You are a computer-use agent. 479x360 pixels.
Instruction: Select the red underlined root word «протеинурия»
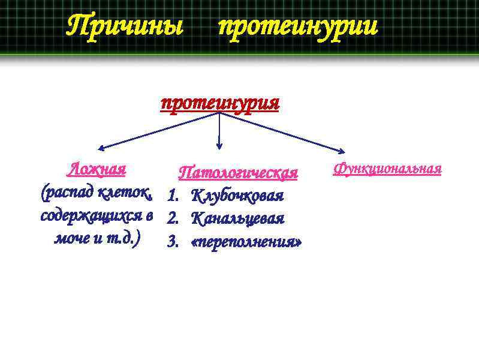point(220,103)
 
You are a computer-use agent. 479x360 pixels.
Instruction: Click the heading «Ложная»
point(97,169)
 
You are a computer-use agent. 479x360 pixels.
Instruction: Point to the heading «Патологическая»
point(239,173)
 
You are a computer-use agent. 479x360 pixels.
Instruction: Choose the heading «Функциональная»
point(387,169)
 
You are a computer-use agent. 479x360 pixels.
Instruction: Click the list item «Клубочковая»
point(237,196)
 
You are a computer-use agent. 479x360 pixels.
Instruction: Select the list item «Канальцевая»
point(237,218)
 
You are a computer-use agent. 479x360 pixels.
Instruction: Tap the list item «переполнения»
point(246,242)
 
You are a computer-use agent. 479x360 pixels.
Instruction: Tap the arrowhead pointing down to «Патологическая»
point(219,145)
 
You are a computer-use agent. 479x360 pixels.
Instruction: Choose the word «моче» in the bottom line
point(70,238)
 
